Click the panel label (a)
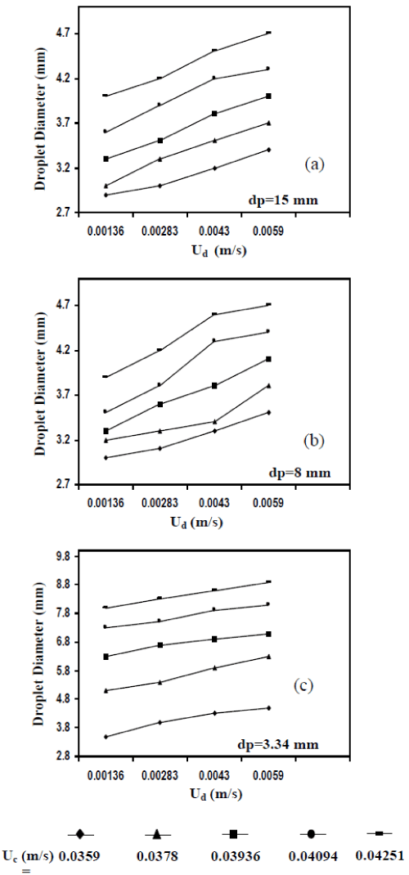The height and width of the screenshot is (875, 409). (313, 164)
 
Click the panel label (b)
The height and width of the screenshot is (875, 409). (313, 441)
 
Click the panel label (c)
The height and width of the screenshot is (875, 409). (304, 685)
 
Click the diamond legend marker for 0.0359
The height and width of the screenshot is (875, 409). (80, 834)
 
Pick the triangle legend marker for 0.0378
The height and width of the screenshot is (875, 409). (158, 834)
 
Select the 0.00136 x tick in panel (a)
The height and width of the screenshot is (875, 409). (105, 231)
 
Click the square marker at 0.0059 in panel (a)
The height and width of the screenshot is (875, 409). (268, 96)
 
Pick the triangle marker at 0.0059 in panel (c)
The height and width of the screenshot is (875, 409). (268, 656)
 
